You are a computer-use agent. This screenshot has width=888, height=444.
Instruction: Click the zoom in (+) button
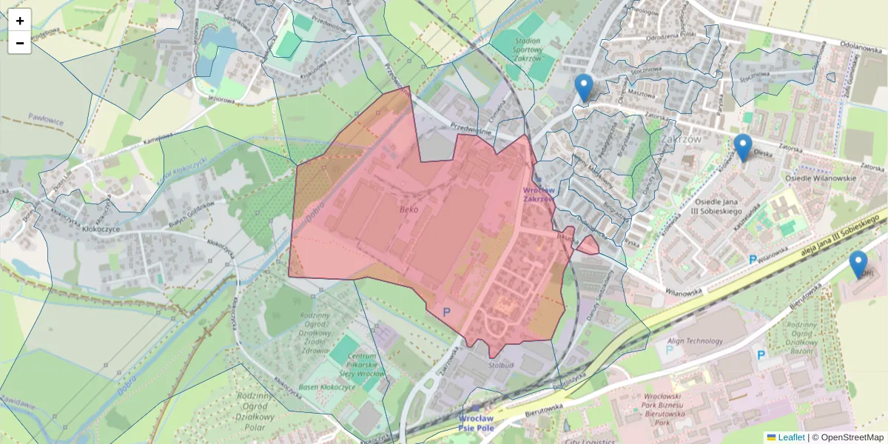20,21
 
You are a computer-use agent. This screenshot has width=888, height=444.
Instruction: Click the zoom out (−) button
20,43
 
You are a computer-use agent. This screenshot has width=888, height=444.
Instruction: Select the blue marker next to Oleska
743,147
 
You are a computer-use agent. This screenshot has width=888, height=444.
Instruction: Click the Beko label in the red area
408,209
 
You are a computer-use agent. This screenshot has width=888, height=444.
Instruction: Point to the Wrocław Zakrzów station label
539,194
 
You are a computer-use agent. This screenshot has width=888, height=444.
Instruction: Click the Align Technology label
695,341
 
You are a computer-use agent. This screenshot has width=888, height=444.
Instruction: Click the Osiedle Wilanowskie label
819,178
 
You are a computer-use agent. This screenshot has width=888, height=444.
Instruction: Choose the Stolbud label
501,365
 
